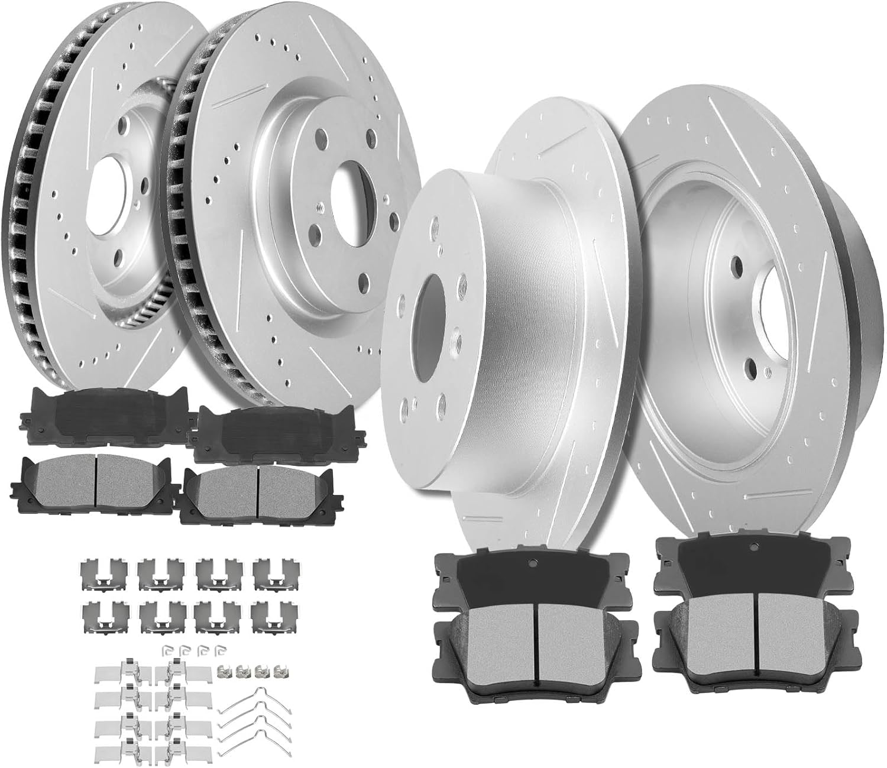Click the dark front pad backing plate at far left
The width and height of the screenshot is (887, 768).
101,408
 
